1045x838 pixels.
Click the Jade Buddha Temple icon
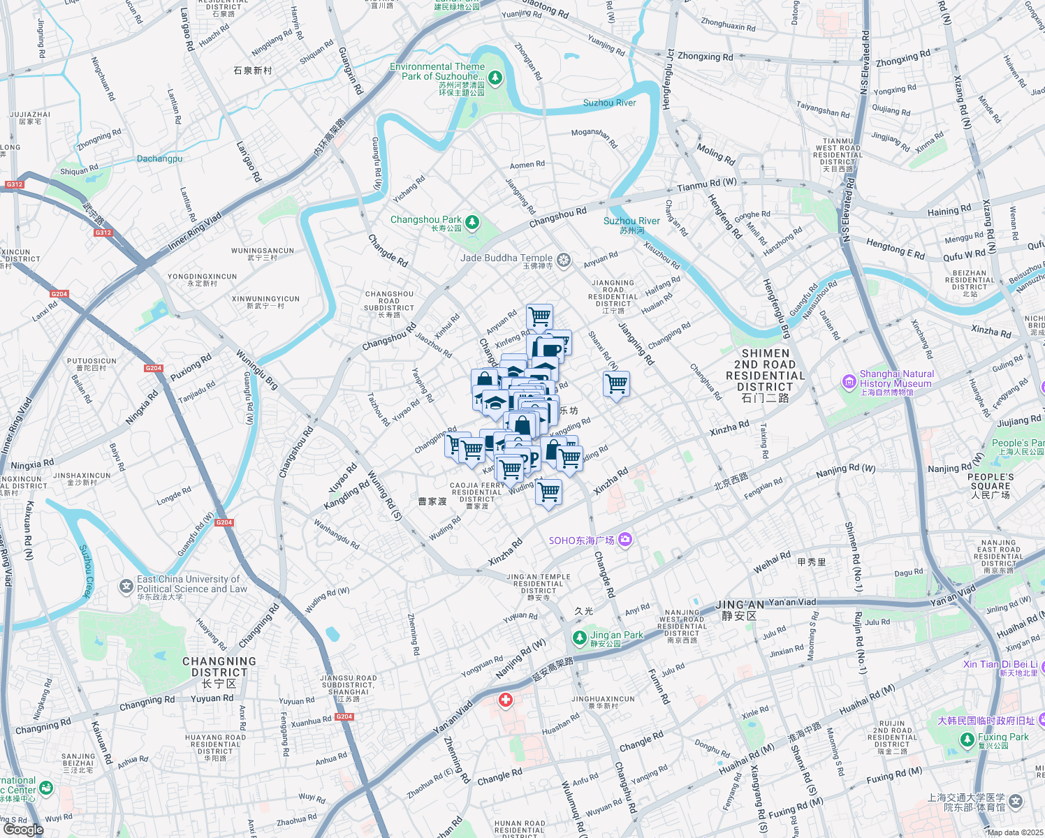pos(564,261)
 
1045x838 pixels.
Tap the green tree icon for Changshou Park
pos(473,222)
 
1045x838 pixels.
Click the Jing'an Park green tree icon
pos(579,638)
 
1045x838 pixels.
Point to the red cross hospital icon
pos(506,700)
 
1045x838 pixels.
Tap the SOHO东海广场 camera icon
pos(624,539)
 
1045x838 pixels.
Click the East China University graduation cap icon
pos(126,586)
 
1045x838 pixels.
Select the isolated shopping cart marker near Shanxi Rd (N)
pos(616,384)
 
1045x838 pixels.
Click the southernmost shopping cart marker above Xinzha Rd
pos(548,492)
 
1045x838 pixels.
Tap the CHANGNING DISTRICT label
pos(219,667)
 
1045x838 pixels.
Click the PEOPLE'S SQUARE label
pos(991,486)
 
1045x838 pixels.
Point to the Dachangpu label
pos(159,159)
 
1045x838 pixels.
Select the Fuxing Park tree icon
pos(967,740)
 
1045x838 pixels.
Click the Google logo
pos(23,829)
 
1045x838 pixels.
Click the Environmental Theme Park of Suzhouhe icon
pos(495,77)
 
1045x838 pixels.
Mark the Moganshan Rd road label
pos(594,137)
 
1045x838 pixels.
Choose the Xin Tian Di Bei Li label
pos(1000,664)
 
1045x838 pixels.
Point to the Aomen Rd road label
pos(527,165)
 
